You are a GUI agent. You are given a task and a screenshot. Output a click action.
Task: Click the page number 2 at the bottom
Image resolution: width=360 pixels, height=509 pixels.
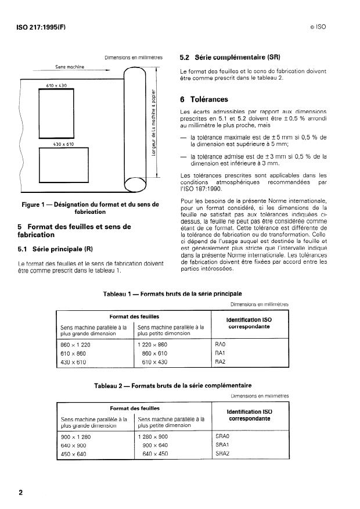pos(21,493)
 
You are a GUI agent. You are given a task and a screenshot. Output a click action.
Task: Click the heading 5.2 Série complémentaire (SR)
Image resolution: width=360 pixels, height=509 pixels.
pos(230,58)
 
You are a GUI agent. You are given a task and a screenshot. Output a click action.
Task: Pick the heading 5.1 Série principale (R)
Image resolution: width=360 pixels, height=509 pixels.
pos(56,250)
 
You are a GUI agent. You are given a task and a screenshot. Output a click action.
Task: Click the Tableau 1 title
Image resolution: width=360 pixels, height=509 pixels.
pos(172,294)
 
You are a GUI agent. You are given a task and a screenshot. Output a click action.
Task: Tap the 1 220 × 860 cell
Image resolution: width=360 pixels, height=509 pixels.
pos(152,344)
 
